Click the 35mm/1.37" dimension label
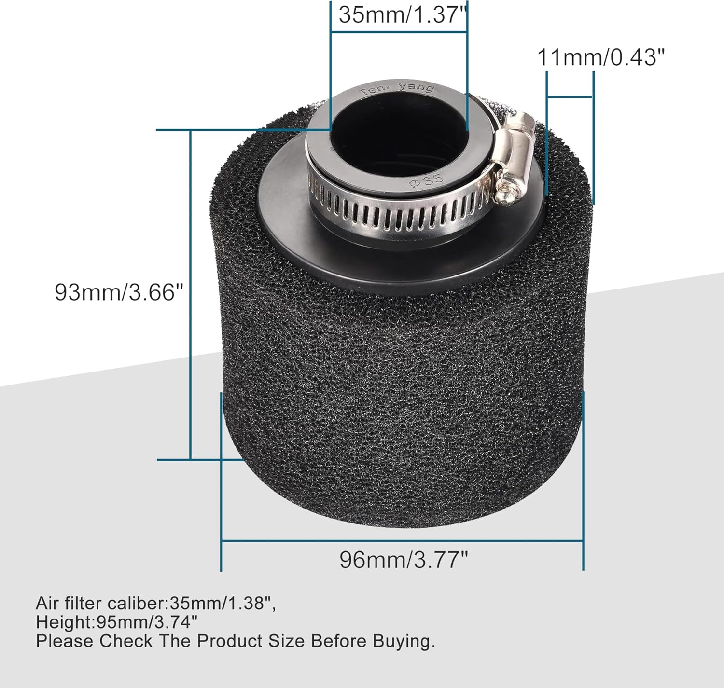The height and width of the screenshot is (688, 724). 404,15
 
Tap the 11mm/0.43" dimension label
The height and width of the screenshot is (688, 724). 601,58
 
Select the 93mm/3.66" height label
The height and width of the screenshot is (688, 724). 119,292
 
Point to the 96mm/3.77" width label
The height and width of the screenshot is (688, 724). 404,560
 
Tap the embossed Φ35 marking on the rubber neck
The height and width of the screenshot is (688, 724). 426,179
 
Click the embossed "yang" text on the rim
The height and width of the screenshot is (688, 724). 409,88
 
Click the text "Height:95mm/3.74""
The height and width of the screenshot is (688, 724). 116,622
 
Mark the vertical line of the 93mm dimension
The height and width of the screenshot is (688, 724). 191,294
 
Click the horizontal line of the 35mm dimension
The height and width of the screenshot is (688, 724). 399,32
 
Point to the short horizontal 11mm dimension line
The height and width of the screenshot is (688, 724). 570,97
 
